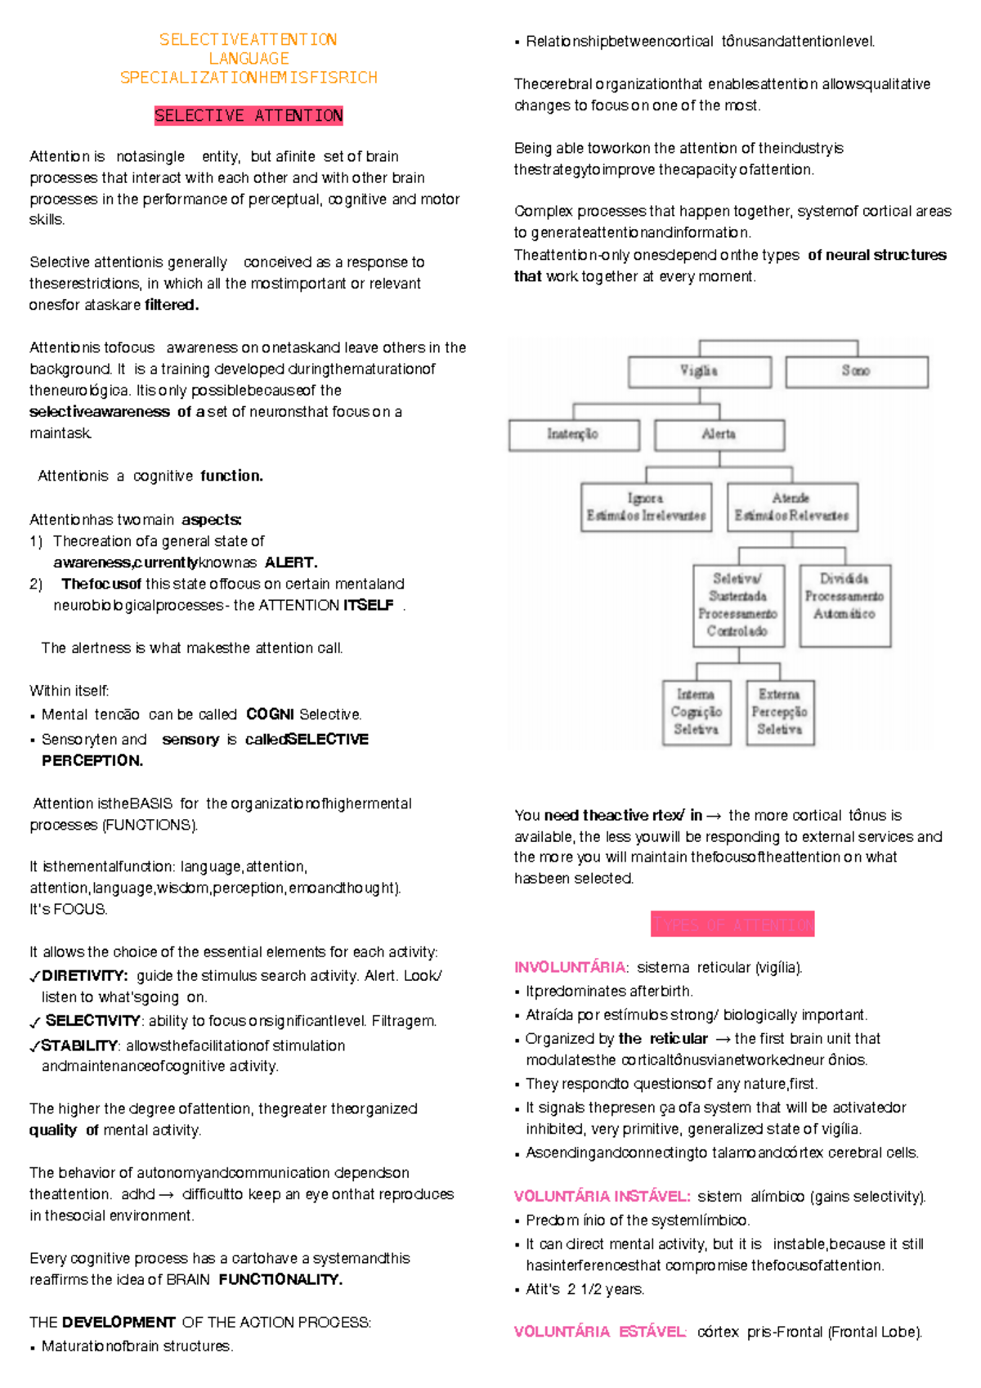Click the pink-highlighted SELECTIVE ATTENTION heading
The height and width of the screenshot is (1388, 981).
pos(249,116)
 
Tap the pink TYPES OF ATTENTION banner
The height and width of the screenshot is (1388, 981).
pos(732,925)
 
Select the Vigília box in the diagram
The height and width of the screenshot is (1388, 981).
pos(699,371)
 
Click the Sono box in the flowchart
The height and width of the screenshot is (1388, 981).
pos(856,371)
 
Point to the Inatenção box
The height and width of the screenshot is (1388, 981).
pos(573,435)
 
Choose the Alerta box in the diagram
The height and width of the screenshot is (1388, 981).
pos(719,435)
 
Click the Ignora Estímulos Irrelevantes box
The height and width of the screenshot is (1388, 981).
pos(646,508)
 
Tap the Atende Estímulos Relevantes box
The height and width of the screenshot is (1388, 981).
pos(791,508)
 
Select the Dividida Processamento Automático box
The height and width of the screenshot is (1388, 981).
pos(844,606)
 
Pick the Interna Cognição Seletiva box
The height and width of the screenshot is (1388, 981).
pos(696,712)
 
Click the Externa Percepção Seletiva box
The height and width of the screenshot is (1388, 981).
pos(780,712)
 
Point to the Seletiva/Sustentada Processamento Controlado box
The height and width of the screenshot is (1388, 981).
pos(737,606)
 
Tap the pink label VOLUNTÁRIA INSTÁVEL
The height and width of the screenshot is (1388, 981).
pos(602,1197)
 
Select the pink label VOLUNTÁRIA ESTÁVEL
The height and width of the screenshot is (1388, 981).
pos(600,1332)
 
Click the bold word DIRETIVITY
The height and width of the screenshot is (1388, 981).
pos(84,976)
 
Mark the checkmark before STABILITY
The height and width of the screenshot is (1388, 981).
pos(34,1047)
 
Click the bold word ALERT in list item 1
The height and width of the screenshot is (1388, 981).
pos(291,563)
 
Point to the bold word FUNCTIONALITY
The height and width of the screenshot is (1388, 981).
pos(280,1280)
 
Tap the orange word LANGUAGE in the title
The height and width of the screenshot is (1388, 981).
pos(249,59)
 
